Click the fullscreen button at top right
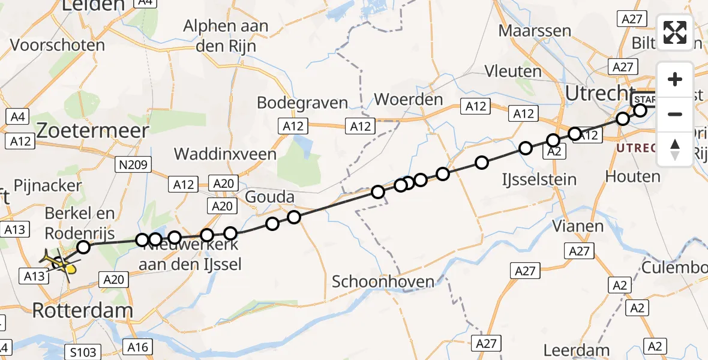(x=675, y=32)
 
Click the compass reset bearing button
(x=675, y=149)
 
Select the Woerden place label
(x=409, y=99)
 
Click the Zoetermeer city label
(x=92, y=131)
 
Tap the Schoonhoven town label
(x=383, y=281)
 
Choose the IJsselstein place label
(x=540, y=179)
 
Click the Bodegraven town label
(x=302, y=103)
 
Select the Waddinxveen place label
(x=225, y=154)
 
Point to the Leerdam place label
(x=577, y=350)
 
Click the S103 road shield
(x=82, y=352)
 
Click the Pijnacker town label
(x=46, y=185)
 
